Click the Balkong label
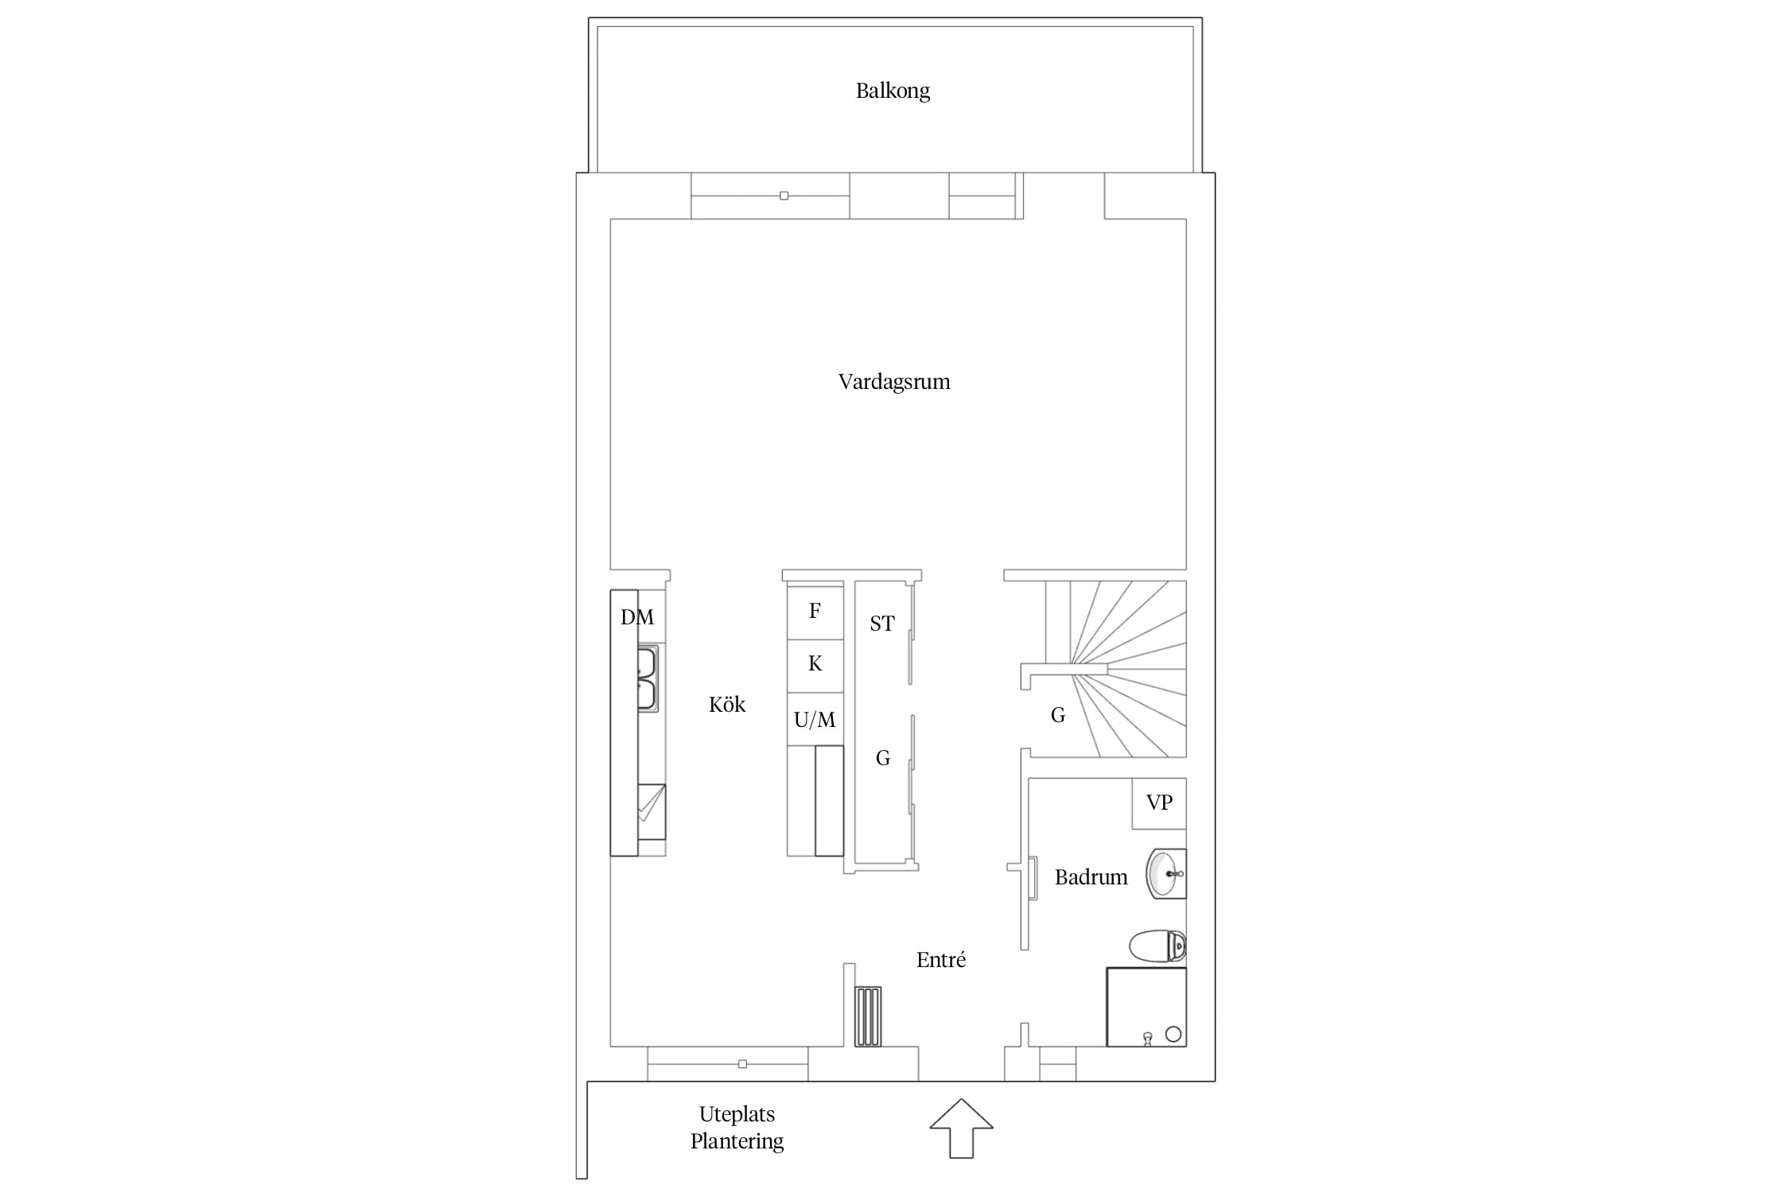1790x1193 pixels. coord(893,91)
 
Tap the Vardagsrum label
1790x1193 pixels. coord(894,382)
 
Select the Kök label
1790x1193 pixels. coord(727,705)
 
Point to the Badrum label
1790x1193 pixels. coord(1091,877)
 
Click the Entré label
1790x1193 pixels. coord(941,960)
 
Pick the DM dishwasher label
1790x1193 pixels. coord(637,617)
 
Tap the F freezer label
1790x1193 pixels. coord(815,611)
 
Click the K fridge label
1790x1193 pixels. coord(815,664)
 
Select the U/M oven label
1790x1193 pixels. coord(815,720)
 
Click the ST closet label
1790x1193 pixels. coord(881,624)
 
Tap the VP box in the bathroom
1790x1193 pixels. coord(1159,803)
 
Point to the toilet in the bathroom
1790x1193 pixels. coord(1158,946)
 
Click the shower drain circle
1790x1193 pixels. coord(1173,1034)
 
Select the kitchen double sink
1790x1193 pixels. coord(648,678)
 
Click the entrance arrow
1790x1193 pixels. coord(962,1128)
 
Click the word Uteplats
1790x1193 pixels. coord(737,1115)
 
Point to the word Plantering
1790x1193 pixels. coord(737,1141)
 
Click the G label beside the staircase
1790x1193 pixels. coord(1058,716)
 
